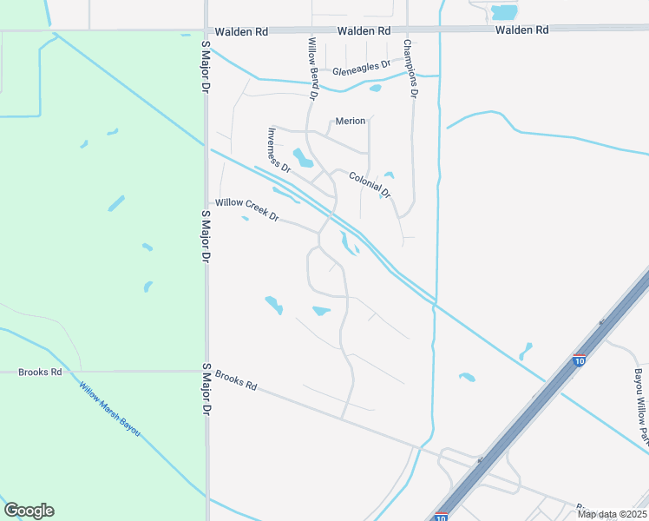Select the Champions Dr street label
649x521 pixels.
(410, 67)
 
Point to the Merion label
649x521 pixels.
(351, 121)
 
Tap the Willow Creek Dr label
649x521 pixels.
(246, 209)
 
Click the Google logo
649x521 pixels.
(29, 511)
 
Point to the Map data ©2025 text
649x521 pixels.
(612, 514)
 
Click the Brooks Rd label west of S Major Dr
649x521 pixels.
(40, 372)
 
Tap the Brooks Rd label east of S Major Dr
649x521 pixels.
(237, 379)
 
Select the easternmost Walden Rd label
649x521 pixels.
(522, 30)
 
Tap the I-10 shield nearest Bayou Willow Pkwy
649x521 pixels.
(579, 360)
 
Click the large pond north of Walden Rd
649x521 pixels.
(504, 12)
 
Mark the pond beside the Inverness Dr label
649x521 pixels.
(303, 158)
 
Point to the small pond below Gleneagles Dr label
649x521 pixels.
(375, 88)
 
